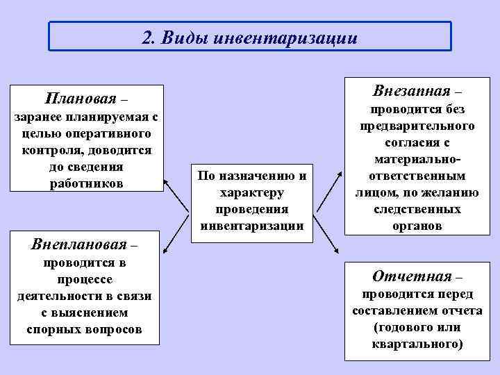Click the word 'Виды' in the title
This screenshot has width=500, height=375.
[183, 37]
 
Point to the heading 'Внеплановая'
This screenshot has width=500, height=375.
[80, 244]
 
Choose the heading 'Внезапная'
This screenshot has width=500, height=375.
[410, 91]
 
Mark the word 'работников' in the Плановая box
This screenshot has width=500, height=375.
[87, 184]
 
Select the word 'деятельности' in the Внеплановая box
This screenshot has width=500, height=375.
[57, 297]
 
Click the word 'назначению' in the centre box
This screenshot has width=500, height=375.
[256, 176]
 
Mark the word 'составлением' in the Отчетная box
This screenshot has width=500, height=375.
[390, 310]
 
